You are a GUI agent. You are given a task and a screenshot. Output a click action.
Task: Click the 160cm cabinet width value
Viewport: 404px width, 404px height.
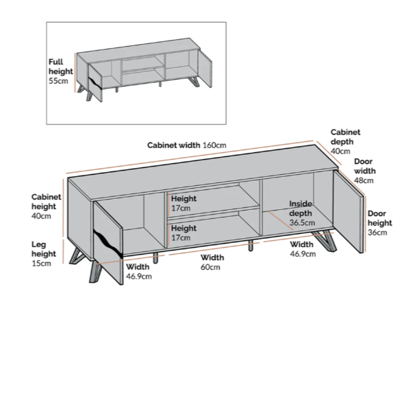[214, 145]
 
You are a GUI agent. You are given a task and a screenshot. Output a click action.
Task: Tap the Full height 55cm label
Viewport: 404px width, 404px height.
[61, 71]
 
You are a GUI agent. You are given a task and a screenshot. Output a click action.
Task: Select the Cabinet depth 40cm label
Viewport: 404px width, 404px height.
[345, 142]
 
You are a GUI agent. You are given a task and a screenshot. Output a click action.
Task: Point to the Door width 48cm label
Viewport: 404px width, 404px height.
[365, 171]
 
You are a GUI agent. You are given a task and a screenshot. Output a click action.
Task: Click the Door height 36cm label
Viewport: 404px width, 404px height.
[380, 223]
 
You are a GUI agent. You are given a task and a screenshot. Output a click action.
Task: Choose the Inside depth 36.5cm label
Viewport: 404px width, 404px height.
[302, 213]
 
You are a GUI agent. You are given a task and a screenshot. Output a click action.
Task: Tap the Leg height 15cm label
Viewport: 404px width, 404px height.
[43, 254]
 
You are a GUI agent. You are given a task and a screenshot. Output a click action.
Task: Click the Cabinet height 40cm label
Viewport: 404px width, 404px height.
[46, 206]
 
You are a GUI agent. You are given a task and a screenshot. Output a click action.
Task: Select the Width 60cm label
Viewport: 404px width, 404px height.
[212, 262]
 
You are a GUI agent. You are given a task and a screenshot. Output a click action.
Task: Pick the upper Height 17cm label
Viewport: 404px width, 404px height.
[183, 203]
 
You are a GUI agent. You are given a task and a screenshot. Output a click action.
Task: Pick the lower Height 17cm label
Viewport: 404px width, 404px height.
[183, 233]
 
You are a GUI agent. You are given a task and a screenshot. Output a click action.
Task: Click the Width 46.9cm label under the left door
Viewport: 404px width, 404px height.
[139, 271]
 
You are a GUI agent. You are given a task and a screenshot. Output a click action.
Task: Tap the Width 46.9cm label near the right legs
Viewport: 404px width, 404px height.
[303, 249]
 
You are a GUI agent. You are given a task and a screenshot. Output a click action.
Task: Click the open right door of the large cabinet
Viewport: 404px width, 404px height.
[348, 211]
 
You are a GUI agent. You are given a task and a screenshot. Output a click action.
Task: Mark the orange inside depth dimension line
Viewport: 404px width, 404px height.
[281, 221]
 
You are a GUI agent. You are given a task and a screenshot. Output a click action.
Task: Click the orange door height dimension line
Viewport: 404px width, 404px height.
[365, 224]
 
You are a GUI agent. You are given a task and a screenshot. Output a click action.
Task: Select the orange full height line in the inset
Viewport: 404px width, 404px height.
[75, 73]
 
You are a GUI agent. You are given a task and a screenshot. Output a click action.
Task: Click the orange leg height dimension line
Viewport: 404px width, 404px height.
[63, 252]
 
